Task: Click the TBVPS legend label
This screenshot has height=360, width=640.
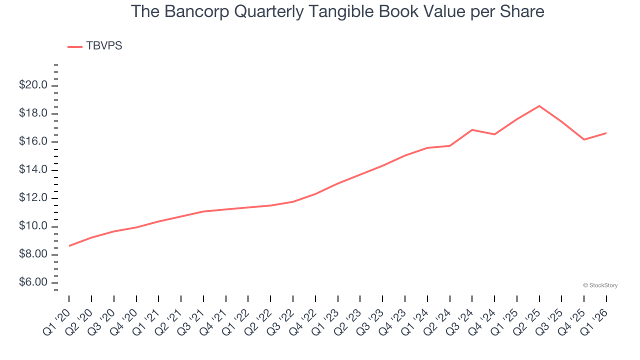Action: [104, 46]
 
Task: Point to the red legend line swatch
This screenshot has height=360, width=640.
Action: [75, 47]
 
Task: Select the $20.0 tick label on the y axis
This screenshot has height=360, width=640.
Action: [33, 85]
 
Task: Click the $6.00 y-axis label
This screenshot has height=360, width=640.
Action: [33, 283]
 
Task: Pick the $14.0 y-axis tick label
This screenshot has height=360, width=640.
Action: [33, 170]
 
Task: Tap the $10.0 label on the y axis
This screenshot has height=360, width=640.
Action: [33, 226]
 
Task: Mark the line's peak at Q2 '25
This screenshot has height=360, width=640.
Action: [539, 106]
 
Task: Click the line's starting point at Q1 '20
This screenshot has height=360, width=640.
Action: [69, 245]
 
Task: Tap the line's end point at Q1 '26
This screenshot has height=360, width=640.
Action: [606, 133]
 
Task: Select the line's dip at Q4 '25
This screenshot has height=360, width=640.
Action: [584, 139]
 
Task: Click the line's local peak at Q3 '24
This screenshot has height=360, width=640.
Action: [472, 130]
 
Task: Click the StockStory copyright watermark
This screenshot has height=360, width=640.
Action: [600, 285]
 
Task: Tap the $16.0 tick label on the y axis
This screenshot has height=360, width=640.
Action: [33, 142]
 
